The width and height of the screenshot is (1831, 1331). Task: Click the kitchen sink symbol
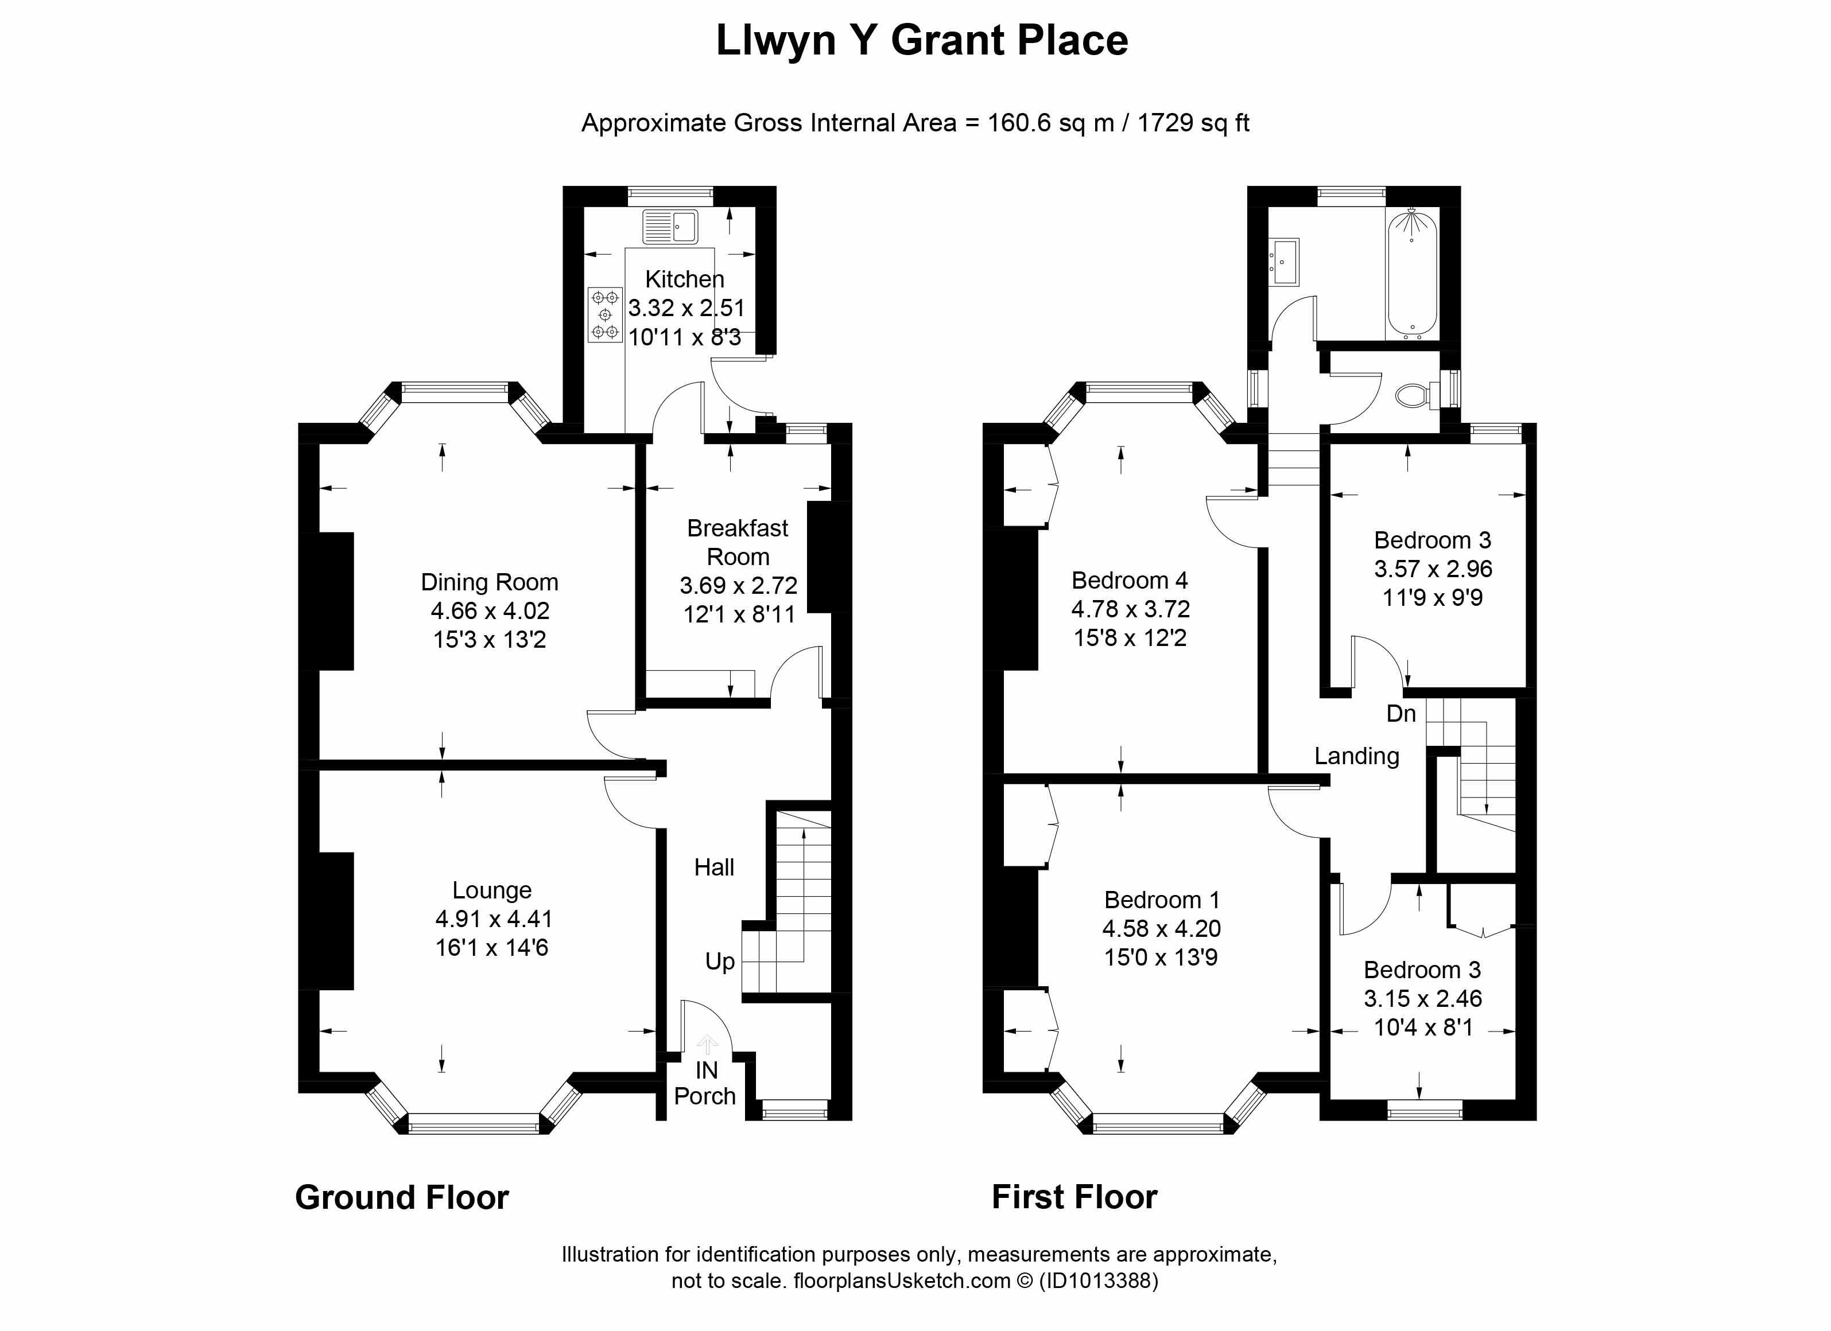[669, 226]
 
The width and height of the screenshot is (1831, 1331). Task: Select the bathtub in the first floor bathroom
[1411, 273]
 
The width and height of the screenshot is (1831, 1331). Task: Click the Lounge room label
[492, 890]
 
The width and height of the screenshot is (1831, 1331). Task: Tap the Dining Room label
[489, 582]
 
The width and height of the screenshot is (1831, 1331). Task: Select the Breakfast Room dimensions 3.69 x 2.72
[738, 585]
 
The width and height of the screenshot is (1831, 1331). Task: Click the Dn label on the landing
[1401, 714]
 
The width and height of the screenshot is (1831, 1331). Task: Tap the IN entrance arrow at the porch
[707, 1046]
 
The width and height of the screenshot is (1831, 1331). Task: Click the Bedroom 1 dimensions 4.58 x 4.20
[1161, 928]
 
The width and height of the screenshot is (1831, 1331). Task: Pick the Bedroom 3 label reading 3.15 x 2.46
[1422, 998]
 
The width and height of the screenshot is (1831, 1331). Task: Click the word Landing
[1356, 756]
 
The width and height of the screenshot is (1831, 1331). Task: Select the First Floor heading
[1074, 1197]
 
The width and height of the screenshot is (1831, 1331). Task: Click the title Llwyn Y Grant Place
[921, 40]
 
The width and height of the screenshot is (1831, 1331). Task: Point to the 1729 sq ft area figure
[1192, 123]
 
